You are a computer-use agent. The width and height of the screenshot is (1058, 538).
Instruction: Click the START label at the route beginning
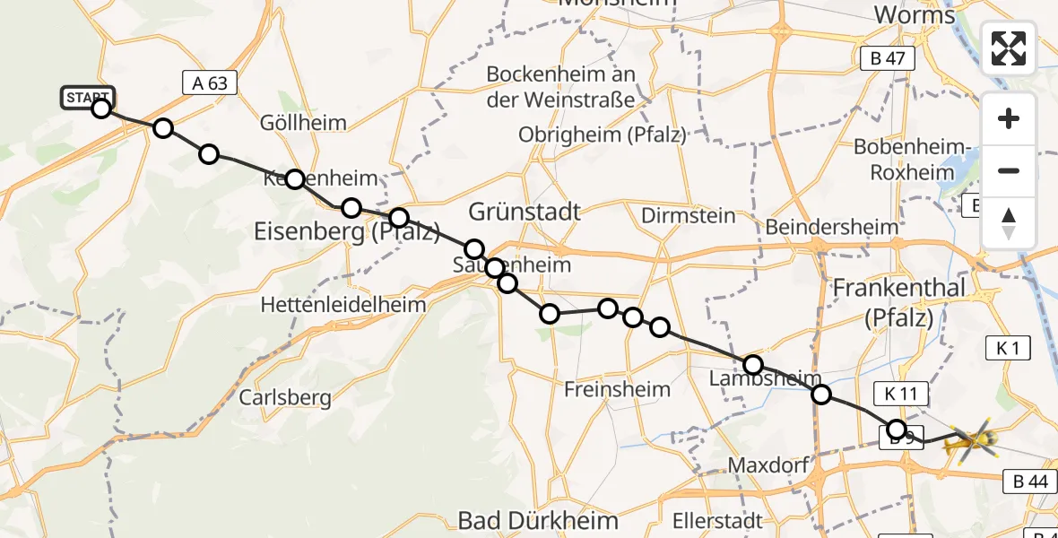(88, 97)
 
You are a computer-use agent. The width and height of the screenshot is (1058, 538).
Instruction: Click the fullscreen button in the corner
(1009, 48)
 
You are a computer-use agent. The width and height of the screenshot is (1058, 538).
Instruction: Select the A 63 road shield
(210, 83)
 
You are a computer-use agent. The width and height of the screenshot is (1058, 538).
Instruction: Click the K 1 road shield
(1007, 348)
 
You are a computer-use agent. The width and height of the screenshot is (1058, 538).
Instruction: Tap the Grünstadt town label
(525, 213)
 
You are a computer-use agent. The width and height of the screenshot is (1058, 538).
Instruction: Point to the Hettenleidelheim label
(343, 305)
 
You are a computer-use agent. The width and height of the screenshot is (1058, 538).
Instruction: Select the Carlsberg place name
(285, 397)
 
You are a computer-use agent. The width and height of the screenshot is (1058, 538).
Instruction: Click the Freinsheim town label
(617, 389)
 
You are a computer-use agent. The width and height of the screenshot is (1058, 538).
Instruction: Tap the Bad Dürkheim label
(538, 520)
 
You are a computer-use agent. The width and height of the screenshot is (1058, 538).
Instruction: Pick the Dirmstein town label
(689, 215)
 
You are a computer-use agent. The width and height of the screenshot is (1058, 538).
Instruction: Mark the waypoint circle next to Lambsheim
(753, 365)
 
